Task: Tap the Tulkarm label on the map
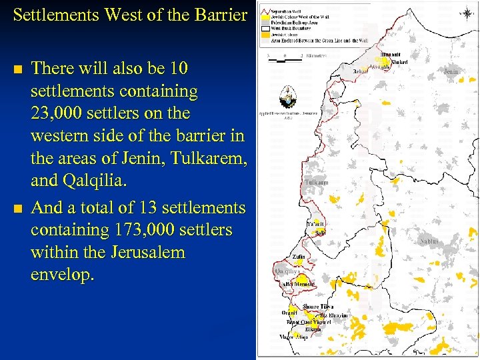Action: (x=316, y=182)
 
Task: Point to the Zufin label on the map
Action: (x=299, y=257)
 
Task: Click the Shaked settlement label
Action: (x=400, y=63)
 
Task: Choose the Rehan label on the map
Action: (x=360, y=71)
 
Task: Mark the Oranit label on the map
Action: (x=289, y=312)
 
